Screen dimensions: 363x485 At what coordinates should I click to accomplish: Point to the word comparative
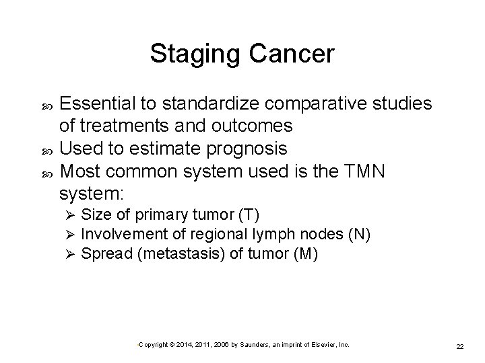[x=326, y=104]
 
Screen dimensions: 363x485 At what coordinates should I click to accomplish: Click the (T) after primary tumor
[x=249, y=214]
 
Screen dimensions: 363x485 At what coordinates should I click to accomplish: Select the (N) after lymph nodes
[x=358, y=234]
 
